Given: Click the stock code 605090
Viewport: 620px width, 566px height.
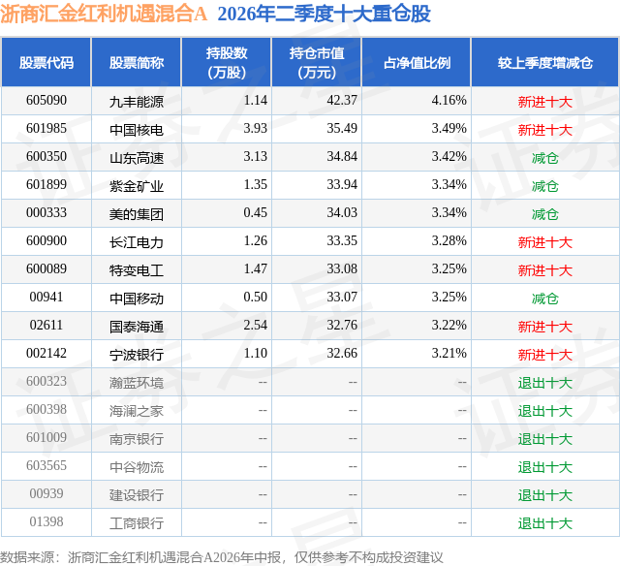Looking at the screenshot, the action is pos(46,100).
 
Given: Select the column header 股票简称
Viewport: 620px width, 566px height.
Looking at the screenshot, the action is pos(137,62).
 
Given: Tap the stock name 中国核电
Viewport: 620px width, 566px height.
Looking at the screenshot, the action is pos(137,130).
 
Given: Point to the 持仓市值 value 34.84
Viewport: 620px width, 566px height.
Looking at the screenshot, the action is pos(342,156).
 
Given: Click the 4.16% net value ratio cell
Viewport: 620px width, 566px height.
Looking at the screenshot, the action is pos(449,100).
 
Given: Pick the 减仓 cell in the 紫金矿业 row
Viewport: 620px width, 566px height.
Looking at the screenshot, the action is pos(544,186).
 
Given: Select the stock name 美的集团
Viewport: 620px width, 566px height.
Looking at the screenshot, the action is pos(137,214).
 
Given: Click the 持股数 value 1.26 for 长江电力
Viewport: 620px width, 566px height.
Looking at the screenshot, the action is pos(255,240).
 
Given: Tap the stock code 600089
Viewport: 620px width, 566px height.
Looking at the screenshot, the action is pos(46,268).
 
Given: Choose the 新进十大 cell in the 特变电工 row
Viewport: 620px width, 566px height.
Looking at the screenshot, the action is pos(544,270).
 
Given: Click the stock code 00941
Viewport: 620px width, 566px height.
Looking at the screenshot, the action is pos(46,297).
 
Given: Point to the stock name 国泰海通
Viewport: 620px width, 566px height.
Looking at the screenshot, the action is pos(137,327).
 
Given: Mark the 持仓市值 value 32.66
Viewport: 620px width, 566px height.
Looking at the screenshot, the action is pos(342,353).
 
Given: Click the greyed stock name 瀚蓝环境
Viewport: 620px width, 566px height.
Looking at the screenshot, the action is pos(137,383).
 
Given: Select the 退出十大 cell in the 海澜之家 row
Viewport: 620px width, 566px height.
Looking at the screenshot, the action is pos(544,411).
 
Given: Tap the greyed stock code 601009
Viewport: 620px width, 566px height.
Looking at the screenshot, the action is pos(46,437).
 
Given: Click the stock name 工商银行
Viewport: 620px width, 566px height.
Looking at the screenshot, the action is pos(137,523).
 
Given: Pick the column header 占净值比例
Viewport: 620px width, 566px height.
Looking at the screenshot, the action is pos(417,62).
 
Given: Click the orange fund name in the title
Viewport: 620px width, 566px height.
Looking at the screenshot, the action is pos(104,15).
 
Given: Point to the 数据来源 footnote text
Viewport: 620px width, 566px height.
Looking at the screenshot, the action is pos(222,557).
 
